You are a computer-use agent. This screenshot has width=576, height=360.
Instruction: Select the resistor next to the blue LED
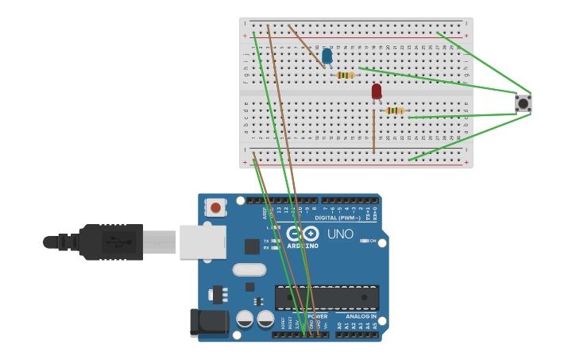pos(345,75)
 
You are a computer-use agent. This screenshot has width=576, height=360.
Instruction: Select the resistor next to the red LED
pos(394,110)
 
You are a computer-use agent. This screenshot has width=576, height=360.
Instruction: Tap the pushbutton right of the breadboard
pos(523,103)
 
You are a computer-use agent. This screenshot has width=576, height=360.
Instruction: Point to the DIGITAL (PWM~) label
pos(338,217)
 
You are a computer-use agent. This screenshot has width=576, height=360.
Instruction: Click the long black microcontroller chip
pos(327,297)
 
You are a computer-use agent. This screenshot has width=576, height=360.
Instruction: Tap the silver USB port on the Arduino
pos(203,242)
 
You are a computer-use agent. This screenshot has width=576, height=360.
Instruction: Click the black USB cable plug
pos(111,242)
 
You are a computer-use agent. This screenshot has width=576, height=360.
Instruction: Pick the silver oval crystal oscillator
pos(249,269)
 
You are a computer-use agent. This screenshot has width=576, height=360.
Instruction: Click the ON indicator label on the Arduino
pos(373,240)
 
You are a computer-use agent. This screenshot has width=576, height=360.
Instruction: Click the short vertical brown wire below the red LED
pos(373,132)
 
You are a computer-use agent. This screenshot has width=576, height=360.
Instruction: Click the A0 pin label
pos(339,326)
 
